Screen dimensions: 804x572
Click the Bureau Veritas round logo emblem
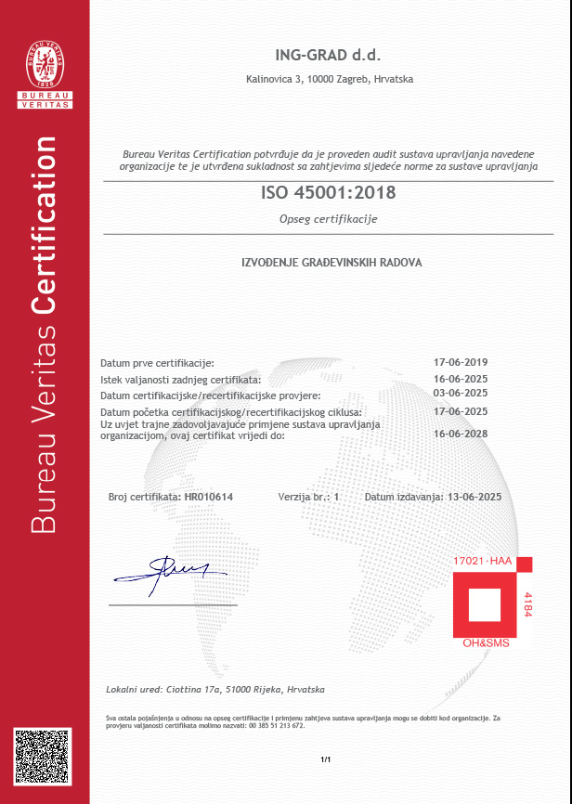click(x=45, y=58)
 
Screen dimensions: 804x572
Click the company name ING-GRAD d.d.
click(x=329, y=55)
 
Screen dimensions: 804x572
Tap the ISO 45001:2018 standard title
click(x=329, y=193)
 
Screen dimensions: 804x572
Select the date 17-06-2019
click(x=461, y=362)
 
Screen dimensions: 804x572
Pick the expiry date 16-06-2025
click(x=461, y=379)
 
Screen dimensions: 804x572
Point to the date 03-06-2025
click(x=461, y=393)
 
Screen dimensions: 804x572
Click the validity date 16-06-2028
click(x=461, y=433)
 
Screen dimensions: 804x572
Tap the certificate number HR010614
click(x=209, y=498)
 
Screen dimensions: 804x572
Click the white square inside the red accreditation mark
click(x=486, y=604)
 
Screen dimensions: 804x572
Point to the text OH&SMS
click(x=486, y=642)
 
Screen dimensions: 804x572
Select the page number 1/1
click(x=326, y=760)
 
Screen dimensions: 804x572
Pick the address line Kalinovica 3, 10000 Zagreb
click(x=329, y=80)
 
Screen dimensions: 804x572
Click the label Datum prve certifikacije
click(x=157, y=362)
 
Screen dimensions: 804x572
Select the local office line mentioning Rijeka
click(x=215, y=690)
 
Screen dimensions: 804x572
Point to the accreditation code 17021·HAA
click(x=483, y=564)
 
